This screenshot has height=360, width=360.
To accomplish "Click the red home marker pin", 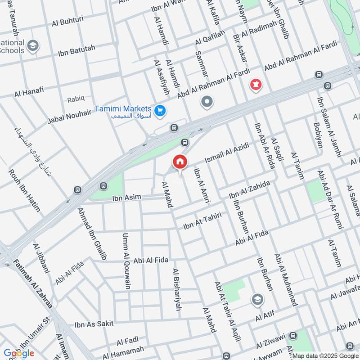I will coord(180,162).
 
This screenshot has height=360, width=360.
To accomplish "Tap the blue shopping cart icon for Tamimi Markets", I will coord(159,110).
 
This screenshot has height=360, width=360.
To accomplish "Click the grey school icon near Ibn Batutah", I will coord(32,45).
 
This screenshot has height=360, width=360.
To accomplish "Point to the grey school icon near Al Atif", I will coord(258,299).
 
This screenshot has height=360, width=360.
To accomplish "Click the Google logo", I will coord(19,353).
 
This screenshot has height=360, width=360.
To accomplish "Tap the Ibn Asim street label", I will coord(126,197).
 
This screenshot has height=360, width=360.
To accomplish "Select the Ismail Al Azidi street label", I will coord(226,153).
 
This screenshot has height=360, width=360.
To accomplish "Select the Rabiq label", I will coord(76,99).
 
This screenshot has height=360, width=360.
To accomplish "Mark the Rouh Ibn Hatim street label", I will coord(24,190).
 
